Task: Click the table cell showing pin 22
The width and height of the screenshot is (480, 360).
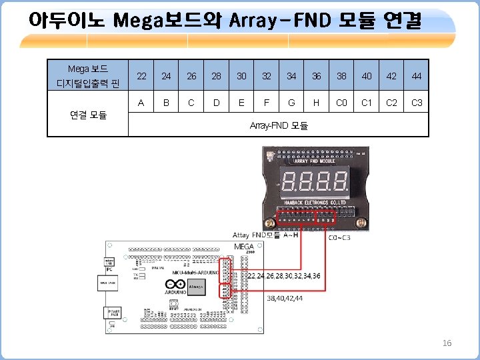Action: click(x=141, y=76)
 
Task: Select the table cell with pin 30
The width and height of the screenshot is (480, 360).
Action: click(x=241, y=76)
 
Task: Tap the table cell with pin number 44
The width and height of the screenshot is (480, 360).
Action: click(x=417, y=76)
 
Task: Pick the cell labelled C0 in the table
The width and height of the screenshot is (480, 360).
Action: click(x=341, y=103)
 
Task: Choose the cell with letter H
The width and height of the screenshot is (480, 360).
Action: click(x=316, y=103)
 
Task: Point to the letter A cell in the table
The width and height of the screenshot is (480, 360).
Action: click(x=141, y=103)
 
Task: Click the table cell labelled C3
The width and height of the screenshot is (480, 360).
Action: click(x=417, y=103)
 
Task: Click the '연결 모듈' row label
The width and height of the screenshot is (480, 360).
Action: click(x=88, y=115)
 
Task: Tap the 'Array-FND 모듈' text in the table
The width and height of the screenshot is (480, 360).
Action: click(x=278, y=125)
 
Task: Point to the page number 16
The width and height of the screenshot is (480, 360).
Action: click(x=447, y=343)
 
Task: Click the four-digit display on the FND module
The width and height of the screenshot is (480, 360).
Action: click(x=315, y=179)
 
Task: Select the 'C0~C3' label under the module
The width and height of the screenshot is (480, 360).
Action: click(x=340, y=237)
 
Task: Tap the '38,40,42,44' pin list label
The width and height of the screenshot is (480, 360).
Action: click(x=285, y=299)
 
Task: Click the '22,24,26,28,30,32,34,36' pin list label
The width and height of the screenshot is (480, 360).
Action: click(x=284, y=275)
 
